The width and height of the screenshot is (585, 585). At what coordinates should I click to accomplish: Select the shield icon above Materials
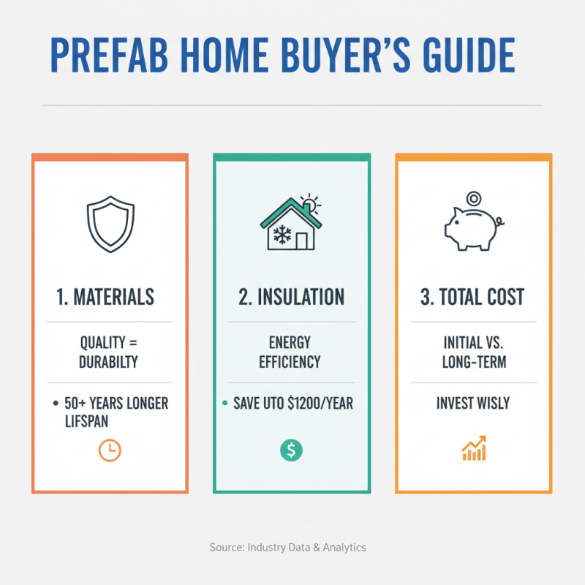[x=110, y=224]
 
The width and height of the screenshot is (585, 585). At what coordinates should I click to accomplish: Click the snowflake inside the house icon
[x=282, y=234]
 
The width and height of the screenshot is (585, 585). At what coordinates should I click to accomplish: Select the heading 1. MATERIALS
[x=105, y=297]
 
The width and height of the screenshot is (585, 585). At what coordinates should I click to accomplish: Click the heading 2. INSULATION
[x=292, y=297]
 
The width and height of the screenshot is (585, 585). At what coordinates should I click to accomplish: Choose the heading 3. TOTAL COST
[x=474, y=297]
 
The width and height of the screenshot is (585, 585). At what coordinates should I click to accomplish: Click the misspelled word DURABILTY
[x=110, y=361]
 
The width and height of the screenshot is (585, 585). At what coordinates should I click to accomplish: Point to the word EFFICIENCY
[x=291, y=361]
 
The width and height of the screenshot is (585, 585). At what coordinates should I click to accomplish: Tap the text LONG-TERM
[x=474, y=361]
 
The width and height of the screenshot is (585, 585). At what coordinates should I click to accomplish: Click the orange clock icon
[x=110, y=450]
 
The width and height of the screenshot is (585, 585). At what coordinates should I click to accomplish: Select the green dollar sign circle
[x=290, y=450]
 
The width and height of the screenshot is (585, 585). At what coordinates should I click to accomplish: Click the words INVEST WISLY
[x=474, y=404]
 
